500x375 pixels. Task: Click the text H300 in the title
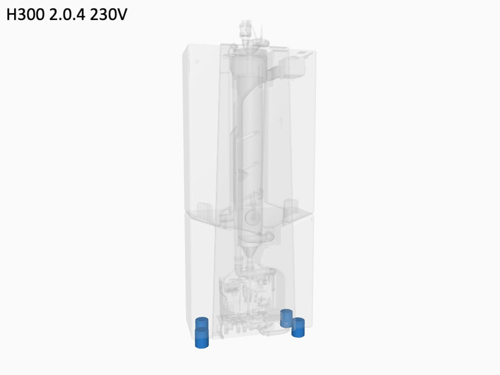point(25,14)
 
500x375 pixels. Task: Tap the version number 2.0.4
point(67,14)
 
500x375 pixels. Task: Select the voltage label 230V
point(108,14)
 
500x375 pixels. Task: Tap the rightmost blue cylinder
point(298,328)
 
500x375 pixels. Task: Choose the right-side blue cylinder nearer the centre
point(286,318)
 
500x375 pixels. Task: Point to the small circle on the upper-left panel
point(197,62)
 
